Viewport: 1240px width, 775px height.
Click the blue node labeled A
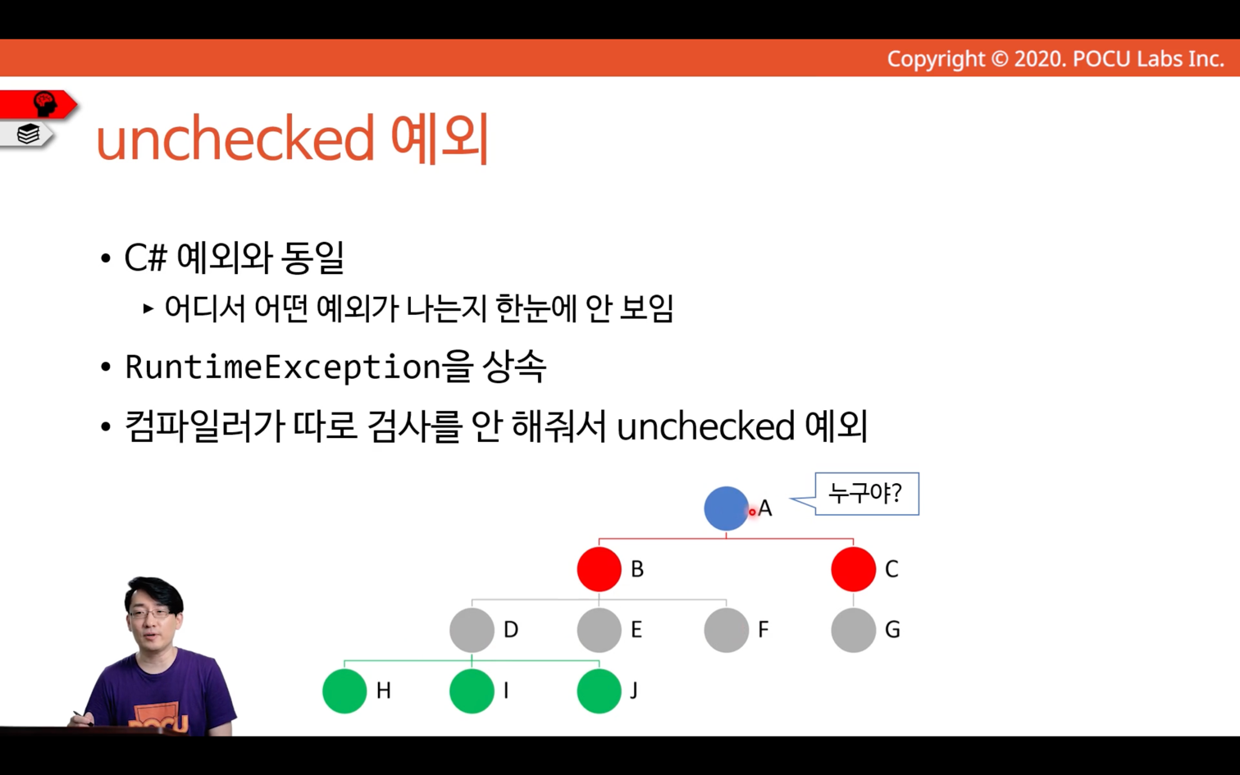(727, 508)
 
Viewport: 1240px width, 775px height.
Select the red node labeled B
(599, 569)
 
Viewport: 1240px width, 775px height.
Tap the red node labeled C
(853, 569)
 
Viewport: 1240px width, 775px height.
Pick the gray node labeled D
(472, 630)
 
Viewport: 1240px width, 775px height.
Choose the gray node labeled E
(599, 630)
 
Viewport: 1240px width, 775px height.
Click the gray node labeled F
(727, 630)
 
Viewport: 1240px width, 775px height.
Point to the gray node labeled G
(853, 630)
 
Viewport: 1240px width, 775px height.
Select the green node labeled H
(344, 691)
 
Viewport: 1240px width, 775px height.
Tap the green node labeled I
(472, 691)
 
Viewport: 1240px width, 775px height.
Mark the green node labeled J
(599, 691)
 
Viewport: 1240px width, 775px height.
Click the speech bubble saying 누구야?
(866, 494)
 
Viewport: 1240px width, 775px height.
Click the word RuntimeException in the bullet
(283, 367)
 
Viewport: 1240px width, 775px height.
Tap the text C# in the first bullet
(145, 258)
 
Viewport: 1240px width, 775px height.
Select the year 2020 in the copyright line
(1038, 59)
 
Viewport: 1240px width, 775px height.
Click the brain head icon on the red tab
(45, 103)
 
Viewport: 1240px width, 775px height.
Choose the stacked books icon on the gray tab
(28, 134)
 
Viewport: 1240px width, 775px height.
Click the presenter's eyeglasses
(149, 613)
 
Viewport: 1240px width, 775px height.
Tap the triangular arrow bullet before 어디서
(148, 308)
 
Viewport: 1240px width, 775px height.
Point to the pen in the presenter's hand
(83, 718)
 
